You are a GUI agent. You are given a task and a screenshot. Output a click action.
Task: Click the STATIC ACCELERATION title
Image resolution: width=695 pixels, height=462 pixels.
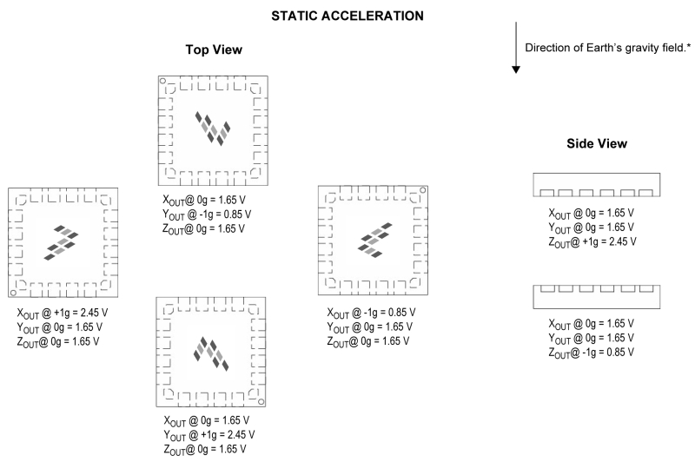(x=347, y=16)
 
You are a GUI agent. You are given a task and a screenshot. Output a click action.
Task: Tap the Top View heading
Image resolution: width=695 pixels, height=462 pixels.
(x=214, y=49)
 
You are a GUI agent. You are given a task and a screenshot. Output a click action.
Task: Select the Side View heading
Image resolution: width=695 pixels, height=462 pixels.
(x=597, y=143)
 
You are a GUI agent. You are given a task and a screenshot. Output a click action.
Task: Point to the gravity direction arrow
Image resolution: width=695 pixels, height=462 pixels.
(x=515, y=47)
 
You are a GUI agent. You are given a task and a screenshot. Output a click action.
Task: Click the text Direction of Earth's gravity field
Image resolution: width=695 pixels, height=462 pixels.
(x=607, y=48)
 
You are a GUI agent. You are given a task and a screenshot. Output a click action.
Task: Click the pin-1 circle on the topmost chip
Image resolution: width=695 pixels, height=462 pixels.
(x=162, y=81)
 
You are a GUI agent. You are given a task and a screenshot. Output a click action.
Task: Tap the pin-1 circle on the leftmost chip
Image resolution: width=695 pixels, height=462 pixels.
(x=13, y=293)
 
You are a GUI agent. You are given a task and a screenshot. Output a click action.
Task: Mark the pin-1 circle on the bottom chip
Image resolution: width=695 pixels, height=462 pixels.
(x=261, y=402)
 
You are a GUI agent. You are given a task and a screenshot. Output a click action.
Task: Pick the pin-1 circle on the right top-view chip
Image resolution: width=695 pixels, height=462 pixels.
(x=423, y=190)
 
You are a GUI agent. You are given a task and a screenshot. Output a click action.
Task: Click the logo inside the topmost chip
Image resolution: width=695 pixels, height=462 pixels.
(x=213, y=128)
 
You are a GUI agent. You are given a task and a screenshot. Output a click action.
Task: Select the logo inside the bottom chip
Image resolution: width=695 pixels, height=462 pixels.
(x=211, y=353)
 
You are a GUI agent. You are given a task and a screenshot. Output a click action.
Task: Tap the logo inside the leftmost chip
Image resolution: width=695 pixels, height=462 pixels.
(x=61, y=243)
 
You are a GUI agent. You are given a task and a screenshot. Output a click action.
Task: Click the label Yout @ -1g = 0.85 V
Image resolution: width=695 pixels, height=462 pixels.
(x=207, y=214)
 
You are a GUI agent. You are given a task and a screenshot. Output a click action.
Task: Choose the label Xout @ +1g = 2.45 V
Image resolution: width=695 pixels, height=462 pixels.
(x=62, y=313)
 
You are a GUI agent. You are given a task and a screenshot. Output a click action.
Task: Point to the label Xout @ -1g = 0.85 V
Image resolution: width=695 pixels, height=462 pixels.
(x=371, y=313)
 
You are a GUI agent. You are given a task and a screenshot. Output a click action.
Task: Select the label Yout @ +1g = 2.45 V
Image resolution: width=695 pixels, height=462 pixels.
(x=209, y=435)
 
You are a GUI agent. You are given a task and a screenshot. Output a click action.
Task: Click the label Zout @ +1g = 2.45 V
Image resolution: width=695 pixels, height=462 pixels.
(x=592, y=241)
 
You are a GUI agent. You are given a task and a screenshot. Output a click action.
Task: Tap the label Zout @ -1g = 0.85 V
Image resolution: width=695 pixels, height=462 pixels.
(x=592, y=353)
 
